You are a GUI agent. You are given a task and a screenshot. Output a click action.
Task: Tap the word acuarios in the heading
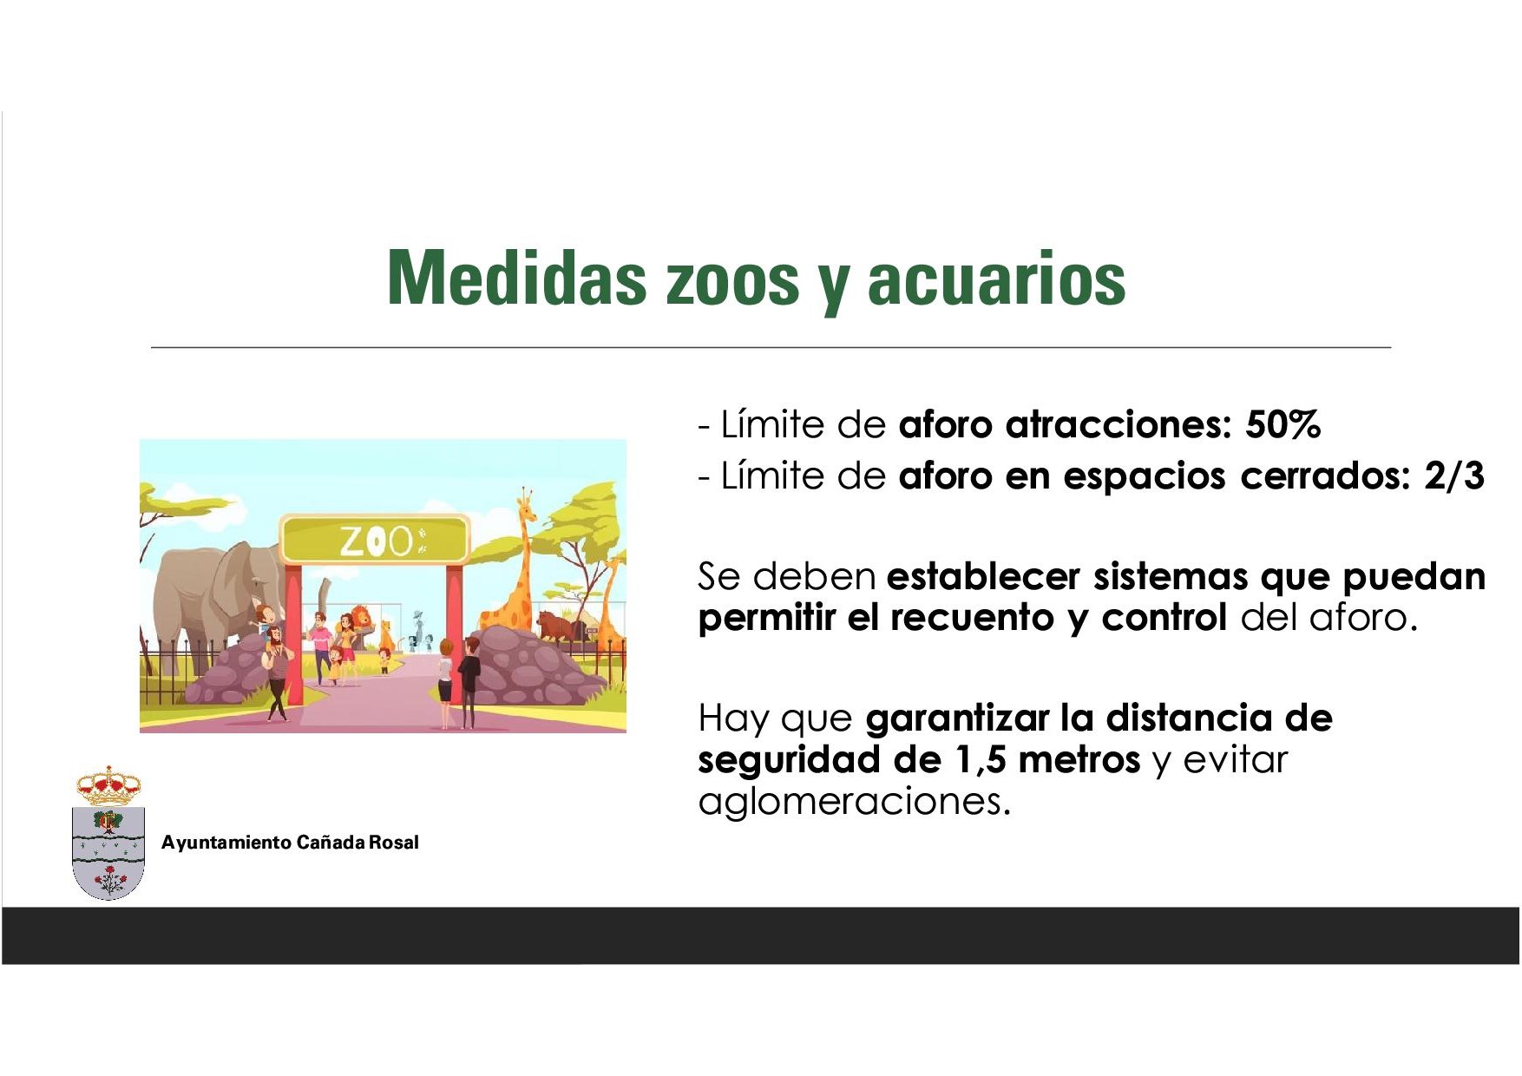996,279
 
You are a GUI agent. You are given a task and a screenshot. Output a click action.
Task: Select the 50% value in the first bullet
1283,425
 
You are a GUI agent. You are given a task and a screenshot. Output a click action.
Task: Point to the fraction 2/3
1454,476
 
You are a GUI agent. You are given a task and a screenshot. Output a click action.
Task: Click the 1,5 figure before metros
981,760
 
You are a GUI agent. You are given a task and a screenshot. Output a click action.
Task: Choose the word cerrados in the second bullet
1326,476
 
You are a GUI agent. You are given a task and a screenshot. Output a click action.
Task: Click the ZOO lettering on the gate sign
376,541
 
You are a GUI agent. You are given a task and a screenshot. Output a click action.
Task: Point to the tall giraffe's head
526,502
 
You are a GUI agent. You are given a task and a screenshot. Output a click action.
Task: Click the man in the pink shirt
322,646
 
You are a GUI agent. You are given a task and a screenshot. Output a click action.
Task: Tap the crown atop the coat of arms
108,786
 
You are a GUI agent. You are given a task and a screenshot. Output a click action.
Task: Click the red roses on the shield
109,880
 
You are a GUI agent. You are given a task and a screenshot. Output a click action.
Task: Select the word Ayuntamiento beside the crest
226,843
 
